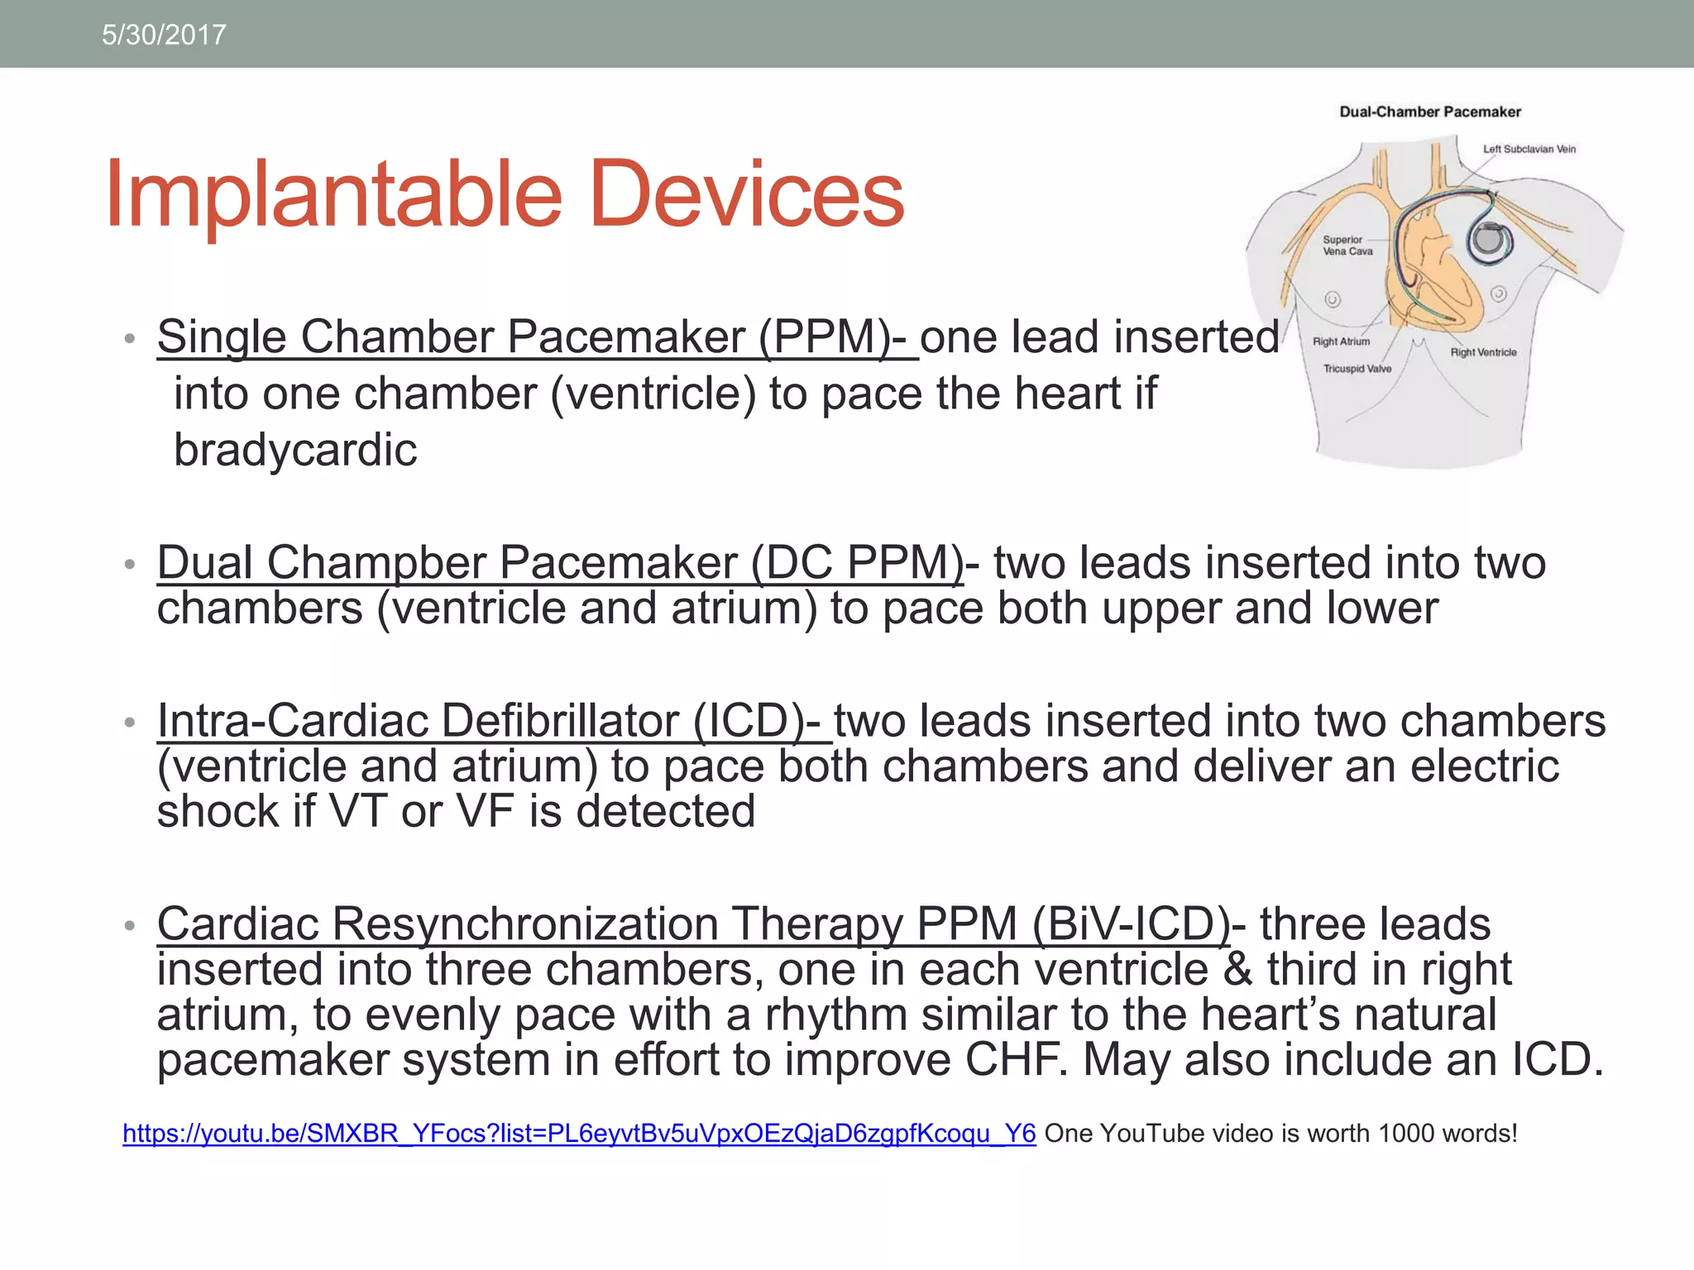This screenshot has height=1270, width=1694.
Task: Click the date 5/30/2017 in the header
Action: point(164,35)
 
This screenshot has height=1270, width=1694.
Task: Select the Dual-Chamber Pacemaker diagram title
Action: point(1429,112)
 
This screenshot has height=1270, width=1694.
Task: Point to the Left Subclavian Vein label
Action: point(1529,150)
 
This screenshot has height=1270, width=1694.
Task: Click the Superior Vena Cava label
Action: point(1347,246)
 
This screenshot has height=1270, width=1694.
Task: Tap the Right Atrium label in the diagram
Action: point(1341,341)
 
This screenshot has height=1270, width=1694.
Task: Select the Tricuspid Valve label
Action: point(1357,369)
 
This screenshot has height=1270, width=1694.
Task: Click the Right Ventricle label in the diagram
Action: point(1483,352)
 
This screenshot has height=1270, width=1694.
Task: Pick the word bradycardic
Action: point(295,451)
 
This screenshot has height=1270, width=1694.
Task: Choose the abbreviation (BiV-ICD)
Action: point(1131,924)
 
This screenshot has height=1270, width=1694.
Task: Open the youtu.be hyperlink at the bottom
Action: point(579,1134)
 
